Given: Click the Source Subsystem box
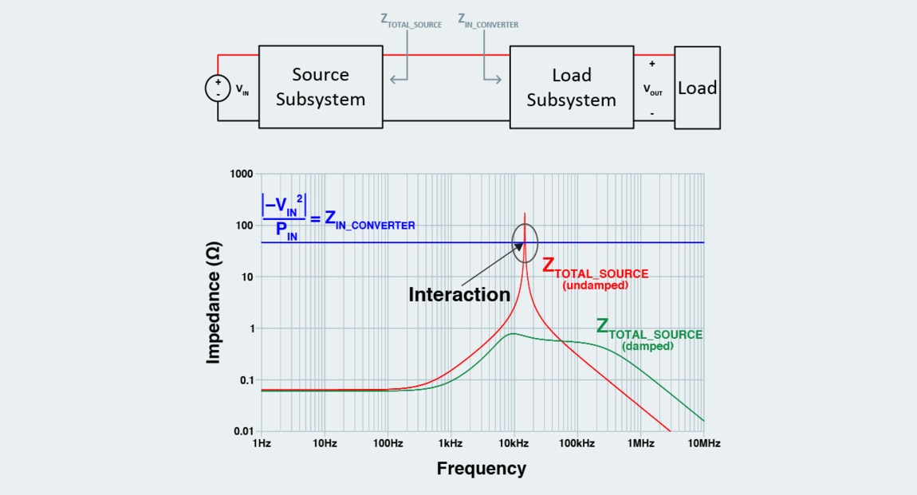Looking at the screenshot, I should [321, 87].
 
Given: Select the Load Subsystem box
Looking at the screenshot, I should [571, 87].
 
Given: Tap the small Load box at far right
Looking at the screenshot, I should [697, 88].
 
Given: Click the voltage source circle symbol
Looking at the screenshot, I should [218, 88].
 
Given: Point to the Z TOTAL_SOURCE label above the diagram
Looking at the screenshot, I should [411, 22].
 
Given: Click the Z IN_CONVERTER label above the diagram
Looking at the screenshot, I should [488, 22].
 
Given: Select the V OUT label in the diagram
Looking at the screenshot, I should [652, 90].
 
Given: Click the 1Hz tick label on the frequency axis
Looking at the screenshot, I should [262, 443].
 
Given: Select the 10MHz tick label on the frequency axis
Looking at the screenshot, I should [703, 443].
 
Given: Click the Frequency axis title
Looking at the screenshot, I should [481, 469].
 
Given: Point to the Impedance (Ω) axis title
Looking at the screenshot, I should [213, 305].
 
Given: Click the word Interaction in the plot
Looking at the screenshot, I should [458, 294].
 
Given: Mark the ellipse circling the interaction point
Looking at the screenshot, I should [525, 243].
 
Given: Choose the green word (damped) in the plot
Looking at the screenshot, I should [648, 346].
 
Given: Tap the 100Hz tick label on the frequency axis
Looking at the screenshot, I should [387, 443].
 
